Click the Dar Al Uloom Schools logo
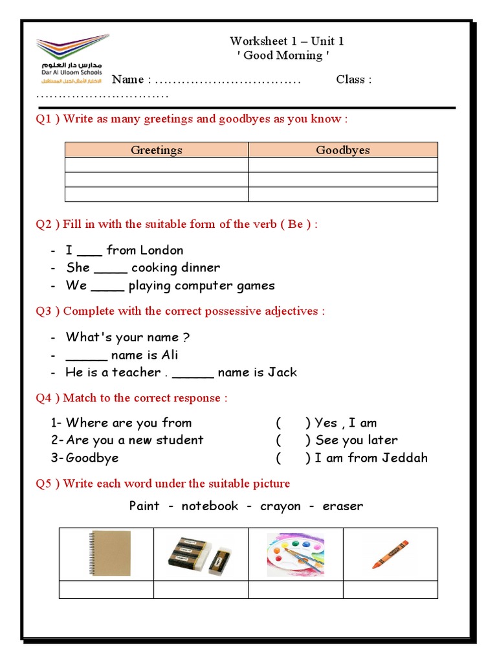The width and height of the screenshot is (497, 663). (x=72, y=62)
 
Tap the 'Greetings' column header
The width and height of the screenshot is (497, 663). (x=157, y=150)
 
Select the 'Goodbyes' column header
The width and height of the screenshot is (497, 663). (x=343, y=150)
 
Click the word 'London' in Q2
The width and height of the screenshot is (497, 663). (x=162, y=251)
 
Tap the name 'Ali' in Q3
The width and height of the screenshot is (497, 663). (x=170, y=355)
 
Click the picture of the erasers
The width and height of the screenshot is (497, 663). (x=201, y=554)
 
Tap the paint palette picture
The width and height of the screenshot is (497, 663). (x=296, y=554)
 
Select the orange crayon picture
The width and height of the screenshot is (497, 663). (x=390, y=554)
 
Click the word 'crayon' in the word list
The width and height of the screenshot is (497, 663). (x=280, y=506)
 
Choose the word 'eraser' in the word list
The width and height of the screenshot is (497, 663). (x=342, y=506)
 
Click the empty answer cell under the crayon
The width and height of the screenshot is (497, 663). (x=390, y=590)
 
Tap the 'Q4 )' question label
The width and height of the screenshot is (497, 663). (x=47, y=398)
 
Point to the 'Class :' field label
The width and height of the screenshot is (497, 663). (x=353, y=80)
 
